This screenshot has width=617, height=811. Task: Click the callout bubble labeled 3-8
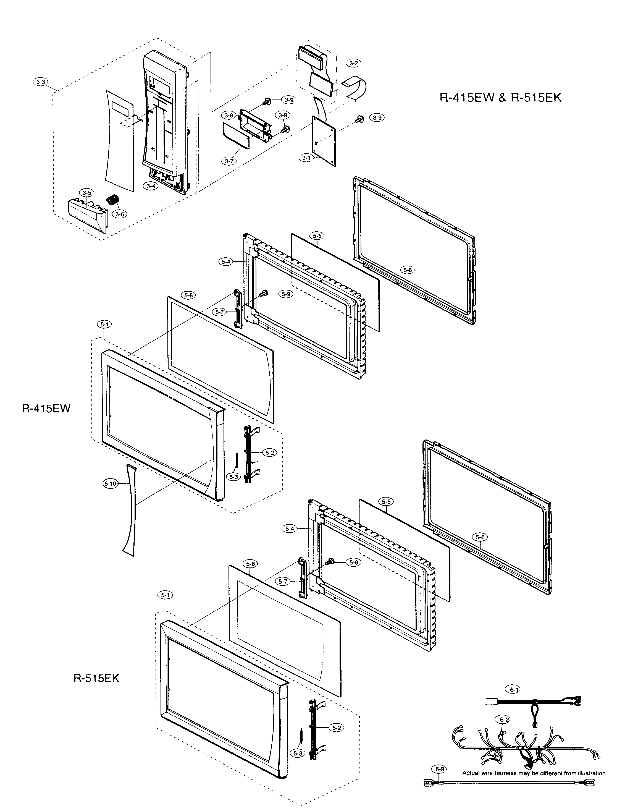click(229, 115)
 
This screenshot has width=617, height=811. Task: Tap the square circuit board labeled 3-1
click(324, 141)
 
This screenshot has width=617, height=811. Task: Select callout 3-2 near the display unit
click(353, 64)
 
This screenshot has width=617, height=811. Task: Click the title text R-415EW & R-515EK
click(501, 97)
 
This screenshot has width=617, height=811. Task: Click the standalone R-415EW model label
click(46, 409)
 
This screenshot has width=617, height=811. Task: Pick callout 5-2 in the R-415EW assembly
click(270, 452)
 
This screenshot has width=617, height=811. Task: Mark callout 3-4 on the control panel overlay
click(151, 186)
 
